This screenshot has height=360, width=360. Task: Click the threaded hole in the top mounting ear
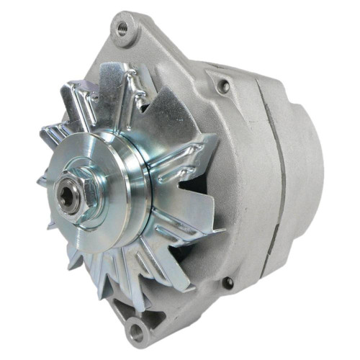[122, 30]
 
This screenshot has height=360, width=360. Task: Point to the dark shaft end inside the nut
[71, 194]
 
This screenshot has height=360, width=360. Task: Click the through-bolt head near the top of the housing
[225, 86]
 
